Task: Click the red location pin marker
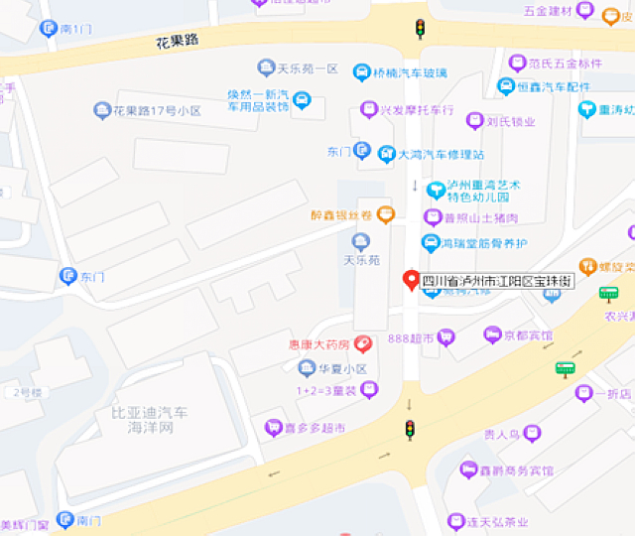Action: point(409,280)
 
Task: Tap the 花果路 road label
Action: point(178,42)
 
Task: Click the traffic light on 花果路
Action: point(420,28)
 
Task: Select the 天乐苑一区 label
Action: point(308,68)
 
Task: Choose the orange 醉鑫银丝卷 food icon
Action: point(386,213)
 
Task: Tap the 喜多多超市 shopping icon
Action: point(272,428)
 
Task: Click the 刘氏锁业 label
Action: point(511,122)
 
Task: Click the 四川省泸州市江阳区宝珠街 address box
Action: point(497,282)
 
